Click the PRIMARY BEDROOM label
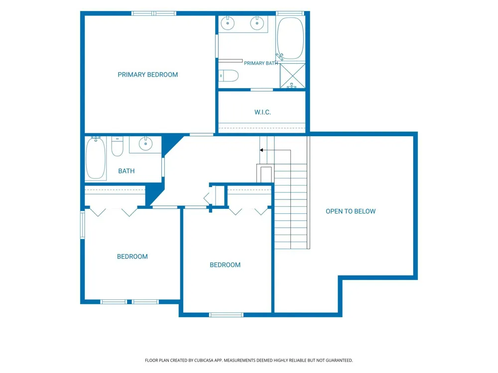point(148,75)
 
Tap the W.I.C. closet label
point(262,112)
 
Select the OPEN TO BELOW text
point(351,211)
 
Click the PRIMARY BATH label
point(261,63)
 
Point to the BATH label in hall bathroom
point(126,171)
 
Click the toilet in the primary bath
point(229,76)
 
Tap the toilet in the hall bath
point(117,146)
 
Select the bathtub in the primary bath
point(290,38)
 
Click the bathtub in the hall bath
point(96,158)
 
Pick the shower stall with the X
point(292,76)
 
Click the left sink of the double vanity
point(228,23)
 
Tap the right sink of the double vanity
point(256,23)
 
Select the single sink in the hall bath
point(145,144)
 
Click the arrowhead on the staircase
point(261,150)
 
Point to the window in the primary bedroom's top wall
point(154,13)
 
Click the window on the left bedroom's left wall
point(82,225)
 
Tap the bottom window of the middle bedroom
point(226,315)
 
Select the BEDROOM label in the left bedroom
point(132,257)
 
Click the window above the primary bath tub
point(290,13)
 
